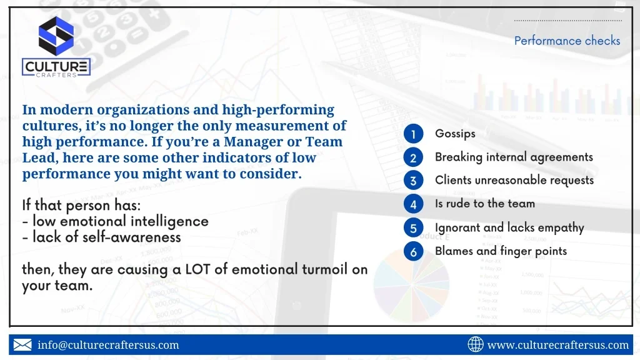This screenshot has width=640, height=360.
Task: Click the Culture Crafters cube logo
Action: point(56,36)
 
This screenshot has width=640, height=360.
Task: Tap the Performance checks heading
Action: point(567,41)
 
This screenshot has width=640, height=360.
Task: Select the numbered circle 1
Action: point(413,134)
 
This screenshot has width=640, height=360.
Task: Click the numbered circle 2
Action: point(413,157)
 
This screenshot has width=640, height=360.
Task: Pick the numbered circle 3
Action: point(413,181)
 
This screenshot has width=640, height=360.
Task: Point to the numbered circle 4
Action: point(413,204)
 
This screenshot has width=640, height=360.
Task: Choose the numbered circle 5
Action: point(413,227)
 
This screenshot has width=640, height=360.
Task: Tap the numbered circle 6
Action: point(413,251)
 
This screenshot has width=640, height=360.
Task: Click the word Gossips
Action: point(455,134)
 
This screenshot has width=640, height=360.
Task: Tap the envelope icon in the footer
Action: point(22,345)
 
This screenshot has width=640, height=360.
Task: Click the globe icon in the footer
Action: point(476,344)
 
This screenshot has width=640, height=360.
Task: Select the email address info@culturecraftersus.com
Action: point(108,345)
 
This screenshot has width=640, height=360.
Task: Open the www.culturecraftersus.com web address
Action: point(558,345)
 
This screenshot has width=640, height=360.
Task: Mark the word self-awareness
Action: point(129,237)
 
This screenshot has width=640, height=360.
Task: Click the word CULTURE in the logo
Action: point(56,66)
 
